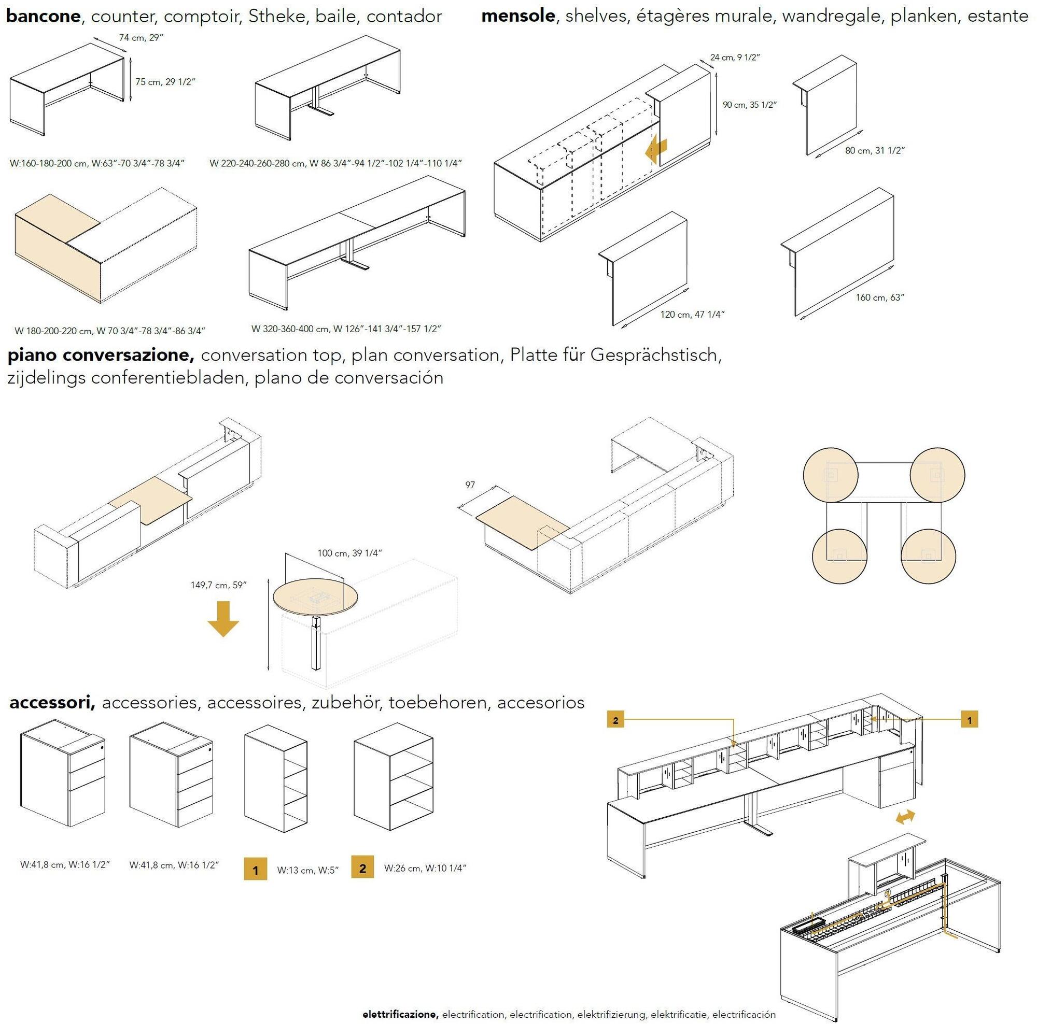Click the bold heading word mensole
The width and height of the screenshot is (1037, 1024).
pos(518,16)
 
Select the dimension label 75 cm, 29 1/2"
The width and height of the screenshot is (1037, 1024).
pos(165,82)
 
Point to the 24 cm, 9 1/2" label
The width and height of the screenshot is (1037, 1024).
pos(735,58)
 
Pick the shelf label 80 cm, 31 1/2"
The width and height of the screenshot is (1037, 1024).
pos(875,151)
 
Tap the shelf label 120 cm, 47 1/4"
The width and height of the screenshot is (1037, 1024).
pos(692,315)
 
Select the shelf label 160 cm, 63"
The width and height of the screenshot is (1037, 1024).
pos(880,297)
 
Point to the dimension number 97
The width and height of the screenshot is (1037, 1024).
pos(470,485)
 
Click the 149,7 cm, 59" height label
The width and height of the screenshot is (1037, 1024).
pos(218,585)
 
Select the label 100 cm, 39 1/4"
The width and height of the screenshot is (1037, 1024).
pos(349,553)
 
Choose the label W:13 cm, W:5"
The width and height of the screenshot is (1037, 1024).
pos(308,870)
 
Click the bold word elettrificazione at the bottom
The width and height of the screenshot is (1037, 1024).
pos(400,1014)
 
